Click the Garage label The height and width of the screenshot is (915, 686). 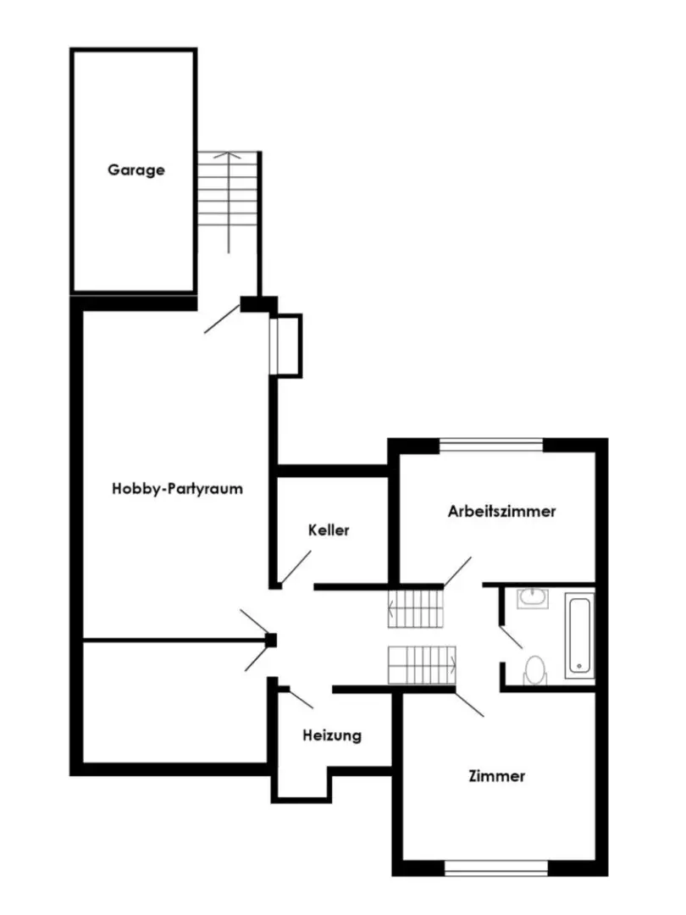[x=136, y=170]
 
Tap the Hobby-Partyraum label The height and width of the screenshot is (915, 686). [x=177, y=489]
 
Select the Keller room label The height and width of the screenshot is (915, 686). [x=329, y=530]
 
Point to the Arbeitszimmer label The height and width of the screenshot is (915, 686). [x=501, y=511]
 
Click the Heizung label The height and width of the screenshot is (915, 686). [x=332, y=735]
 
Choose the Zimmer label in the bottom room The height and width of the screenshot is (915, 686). [x=497, y=776]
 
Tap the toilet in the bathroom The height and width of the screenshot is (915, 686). [x=535, y=669]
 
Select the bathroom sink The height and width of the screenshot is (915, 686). [x=533, y=598]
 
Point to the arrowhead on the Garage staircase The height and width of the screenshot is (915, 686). [x=228, y=155]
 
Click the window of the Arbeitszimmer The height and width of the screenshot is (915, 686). [x=491, y=446]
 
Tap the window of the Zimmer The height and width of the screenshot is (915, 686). [x=496, y=869]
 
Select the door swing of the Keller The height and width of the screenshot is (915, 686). [x=296, y=567]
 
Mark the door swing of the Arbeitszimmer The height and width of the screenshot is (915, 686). [x=457, y=571]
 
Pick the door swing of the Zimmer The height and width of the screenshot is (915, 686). [x=469, y=704]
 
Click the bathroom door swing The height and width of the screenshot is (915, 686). [x=511, y=637]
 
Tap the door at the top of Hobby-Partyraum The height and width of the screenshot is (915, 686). [x=222, y=319]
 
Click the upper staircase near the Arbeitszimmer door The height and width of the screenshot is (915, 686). [x=416, y=608]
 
